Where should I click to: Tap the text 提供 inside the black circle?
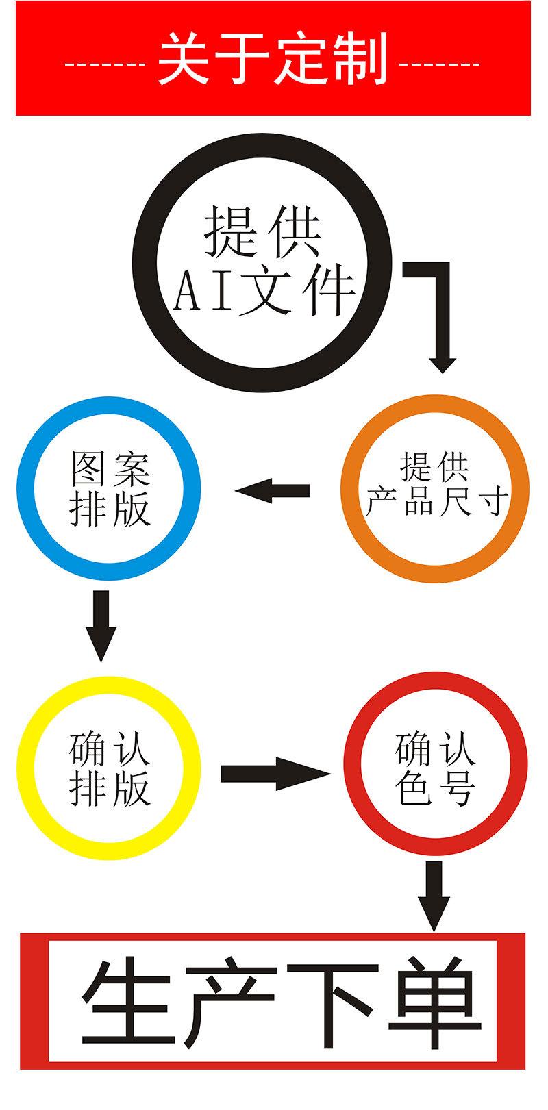(x=263, y=232)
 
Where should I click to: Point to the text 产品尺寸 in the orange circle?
(x=436, y=502)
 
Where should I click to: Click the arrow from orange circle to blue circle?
(x=273, y=490)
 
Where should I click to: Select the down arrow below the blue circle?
(x=101, y=624)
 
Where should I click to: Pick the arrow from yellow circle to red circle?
(x=274, y=774)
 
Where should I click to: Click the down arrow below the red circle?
(x=435, y=894)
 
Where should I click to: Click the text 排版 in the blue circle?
(x=110, y=509)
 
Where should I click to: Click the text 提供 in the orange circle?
(x=434, y=468)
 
